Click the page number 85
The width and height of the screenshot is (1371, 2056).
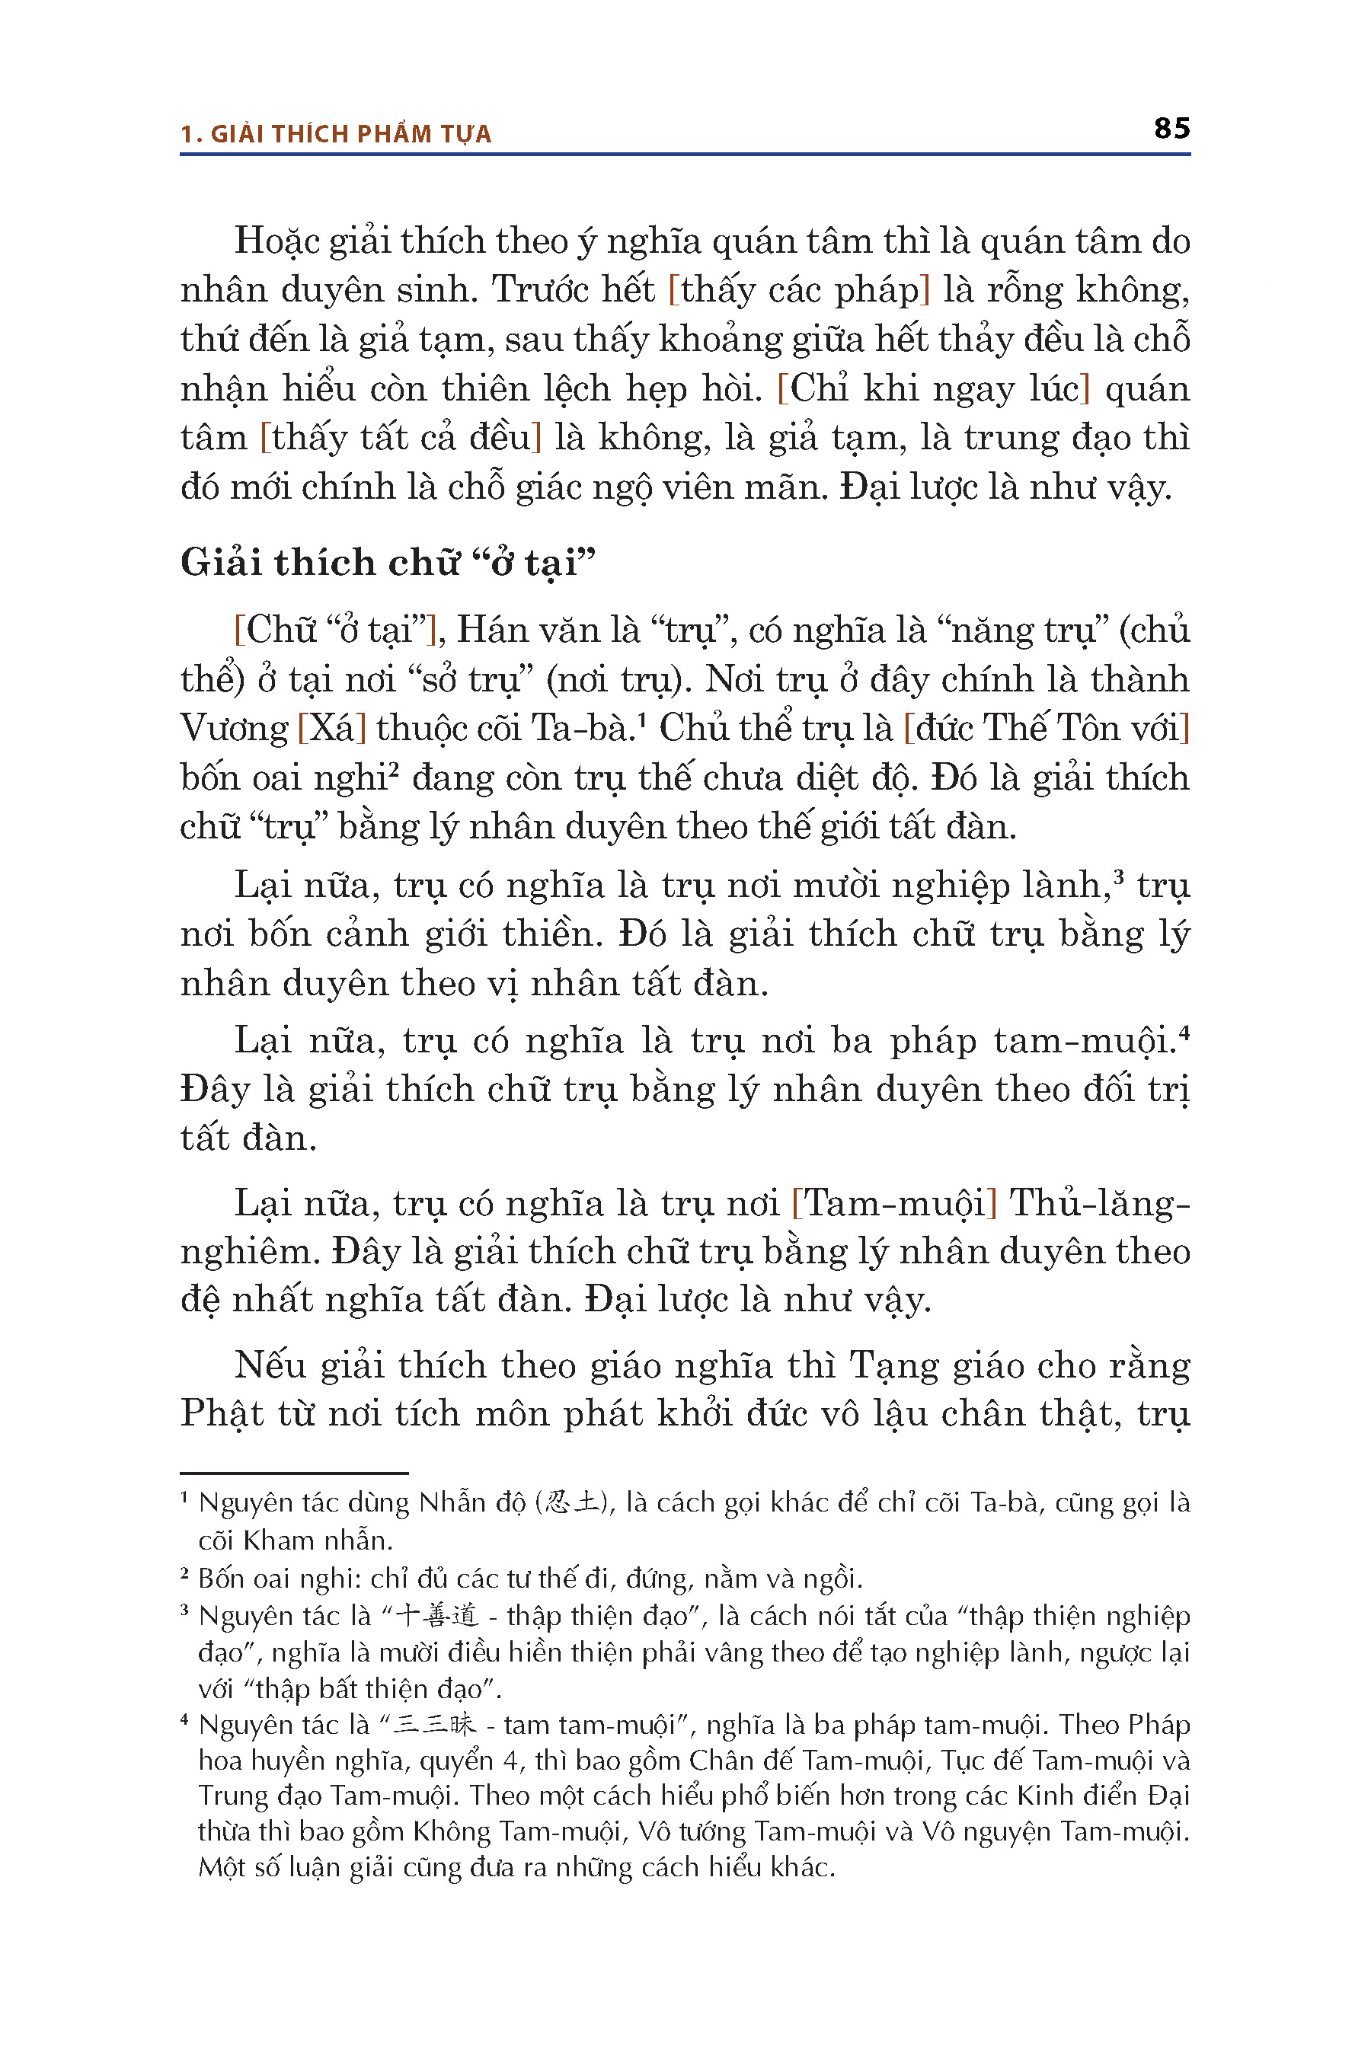click(1171, 129)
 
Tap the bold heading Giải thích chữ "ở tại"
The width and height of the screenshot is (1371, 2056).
click(388, 562)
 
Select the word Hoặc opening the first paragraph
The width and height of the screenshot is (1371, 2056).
click(277, 242)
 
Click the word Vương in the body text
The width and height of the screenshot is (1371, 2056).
click(234, 728)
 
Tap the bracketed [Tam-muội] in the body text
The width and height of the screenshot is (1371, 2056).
click(893, 1204)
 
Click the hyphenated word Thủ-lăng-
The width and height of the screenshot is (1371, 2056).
click(1099, 1204)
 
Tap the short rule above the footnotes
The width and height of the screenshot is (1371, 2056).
click(294, 1473)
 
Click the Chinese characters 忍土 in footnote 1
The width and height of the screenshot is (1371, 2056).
click(572, 1503)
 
